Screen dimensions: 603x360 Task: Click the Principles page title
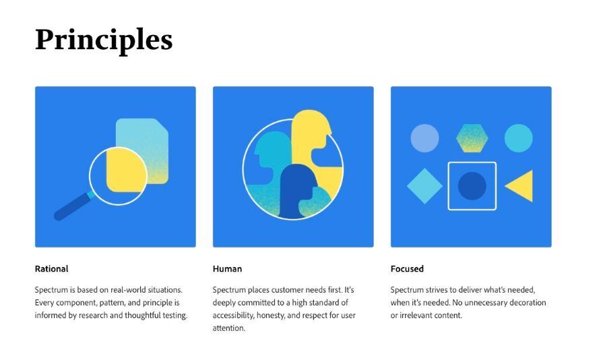click(x=104, y=40)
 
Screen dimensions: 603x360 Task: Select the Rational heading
click(x=51, y=269)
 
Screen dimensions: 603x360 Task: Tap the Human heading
click(x=227, y=269)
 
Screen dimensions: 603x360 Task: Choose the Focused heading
click(x=407, y=269)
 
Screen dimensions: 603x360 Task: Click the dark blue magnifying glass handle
click(x=72, y=206)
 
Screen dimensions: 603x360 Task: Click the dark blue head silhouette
click(x=297, y=191)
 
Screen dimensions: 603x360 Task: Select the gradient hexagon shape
click(x=472, y=138)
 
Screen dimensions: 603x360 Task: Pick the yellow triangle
click(x=521, y=186)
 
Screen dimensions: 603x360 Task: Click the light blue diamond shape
click(x=424, y=186)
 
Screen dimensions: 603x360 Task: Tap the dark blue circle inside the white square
click(x=472, y=186)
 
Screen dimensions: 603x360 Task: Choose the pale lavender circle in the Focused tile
click(x=424, y=138)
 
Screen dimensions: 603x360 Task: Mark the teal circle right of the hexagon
click(x=518, y=138)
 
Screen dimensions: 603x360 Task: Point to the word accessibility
click(x=233, y=316)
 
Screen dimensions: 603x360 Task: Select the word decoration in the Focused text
click(x=528, y=303)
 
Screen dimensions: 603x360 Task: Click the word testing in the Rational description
click(x=175, y=316)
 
